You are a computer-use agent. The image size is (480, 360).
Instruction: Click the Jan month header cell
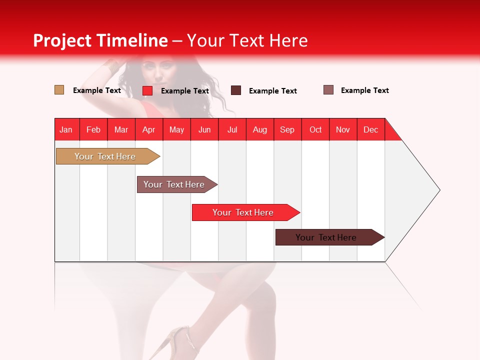point(66,129)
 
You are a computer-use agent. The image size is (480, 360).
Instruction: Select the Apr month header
point(148,129)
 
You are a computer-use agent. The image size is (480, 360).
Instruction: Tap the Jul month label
point(232,129)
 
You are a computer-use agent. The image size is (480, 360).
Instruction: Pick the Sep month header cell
point(287,129)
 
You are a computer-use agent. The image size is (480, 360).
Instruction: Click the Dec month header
point(370,129)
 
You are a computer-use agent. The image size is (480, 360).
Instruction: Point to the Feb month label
point(93,129)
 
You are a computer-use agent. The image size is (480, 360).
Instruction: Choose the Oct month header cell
point(315,129)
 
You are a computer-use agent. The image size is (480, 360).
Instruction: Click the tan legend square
point(59,90)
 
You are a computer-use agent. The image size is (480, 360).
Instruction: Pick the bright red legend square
point(147,90)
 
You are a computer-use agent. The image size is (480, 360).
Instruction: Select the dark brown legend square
point(236,90)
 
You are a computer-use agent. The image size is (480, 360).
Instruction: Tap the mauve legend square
point(328,90)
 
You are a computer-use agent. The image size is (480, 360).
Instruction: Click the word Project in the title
point(62,40)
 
